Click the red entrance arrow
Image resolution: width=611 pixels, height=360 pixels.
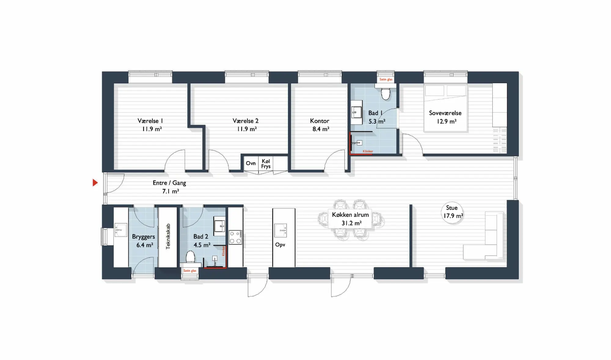95,183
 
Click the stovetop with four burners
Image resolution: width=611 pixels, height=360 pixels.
236,238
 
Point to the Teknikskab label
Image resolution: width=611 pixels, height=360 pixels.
168,236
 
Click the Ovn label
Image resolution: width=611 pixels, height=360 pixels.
251,163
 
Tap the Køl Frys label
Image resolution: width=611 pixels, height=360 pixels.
266,164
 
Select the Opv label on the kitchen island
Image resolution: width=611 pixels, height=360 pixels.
280,245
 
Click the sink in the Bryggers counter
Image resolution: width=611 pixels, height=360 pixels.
121,230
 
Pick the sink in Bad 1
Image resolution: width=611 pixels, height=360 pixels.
356,112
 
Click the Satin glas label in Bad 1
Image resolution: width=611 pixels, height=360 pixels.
386,79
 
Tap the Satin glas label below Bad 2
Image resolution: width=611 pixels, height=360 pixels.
190,271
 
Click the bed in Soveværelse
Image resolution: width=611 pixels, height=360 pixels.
445,107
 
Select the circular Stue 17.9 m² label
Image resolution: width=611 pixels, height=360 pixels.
452,212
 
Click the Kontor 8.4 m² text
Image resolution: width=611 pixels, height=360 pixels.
320,125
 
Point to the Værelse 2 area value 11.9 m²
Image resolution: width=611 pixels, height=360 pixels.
247,129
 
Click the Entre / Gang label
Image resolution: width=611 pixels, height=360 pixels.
170,183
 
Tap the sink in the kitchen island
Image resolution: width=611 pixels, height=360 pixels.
280,230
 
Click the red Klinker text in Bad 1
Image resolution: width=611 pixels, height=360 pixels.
368,151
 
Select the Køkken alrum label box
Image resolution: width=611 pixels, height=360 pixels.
350,219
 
